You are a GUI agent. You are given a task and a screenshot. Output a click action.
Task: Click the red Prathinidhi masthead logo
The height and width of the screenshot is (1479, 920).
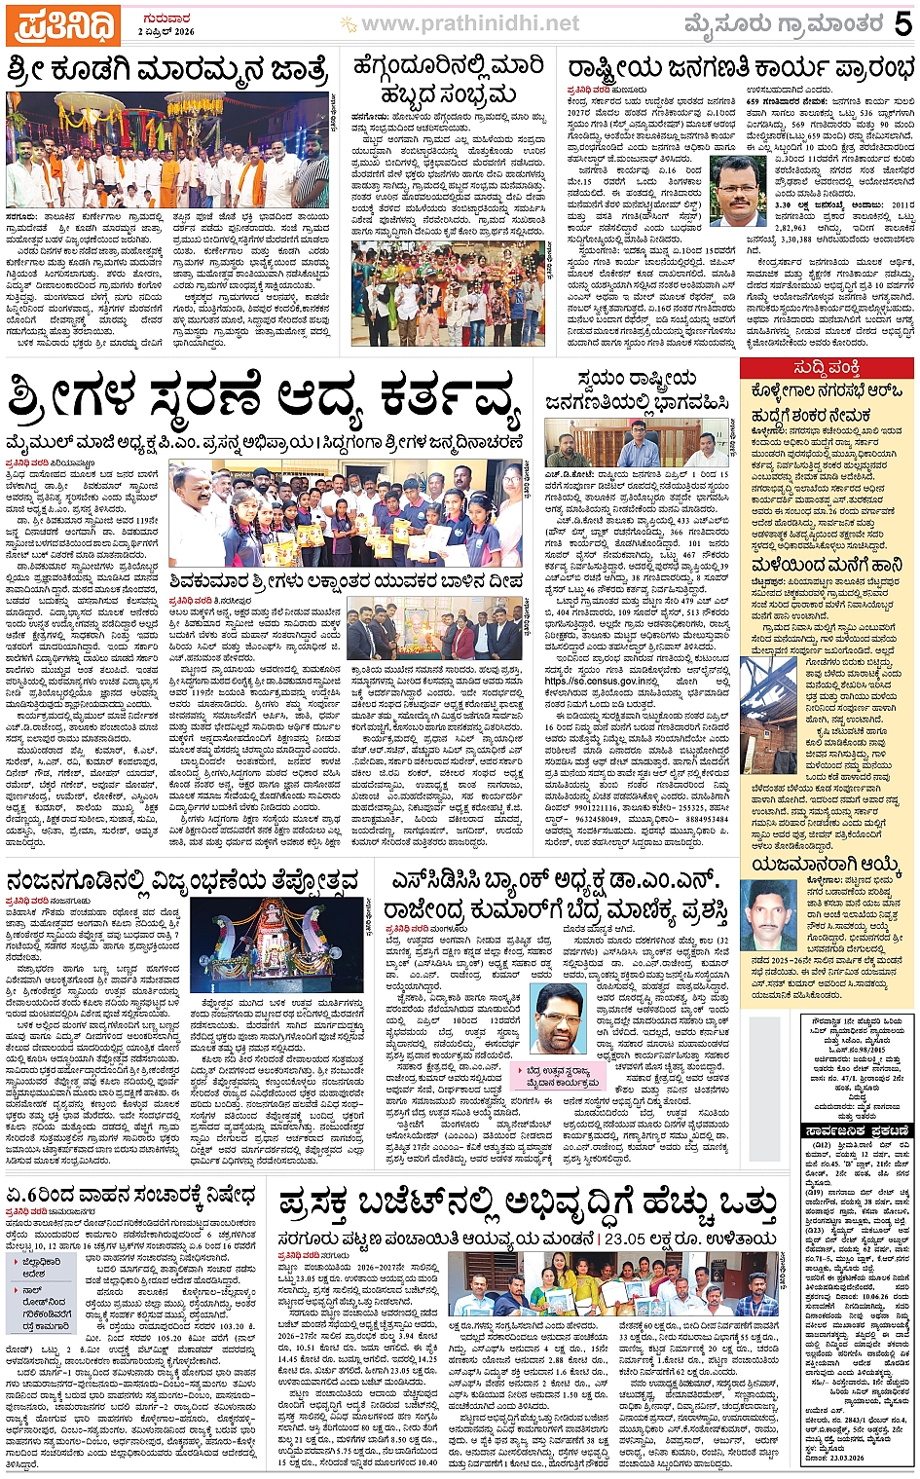point(61,25)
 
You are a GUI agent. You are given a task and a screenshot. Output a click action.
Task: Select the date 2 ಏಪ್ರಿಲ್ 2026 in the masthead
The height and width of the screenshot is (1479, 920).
point(166,32)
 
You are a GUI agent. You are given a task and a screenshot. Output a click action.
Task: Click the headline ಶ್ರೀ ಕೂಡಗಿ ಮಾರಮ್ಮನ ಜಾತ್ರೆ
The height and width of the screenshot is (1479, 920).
point(168,72)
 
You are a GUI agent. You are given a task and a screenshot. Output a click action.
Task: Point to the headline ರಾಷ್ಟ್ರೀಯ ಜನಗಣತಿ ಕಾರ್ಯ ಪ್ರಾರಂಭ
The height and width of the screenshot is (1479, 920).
point(741,68)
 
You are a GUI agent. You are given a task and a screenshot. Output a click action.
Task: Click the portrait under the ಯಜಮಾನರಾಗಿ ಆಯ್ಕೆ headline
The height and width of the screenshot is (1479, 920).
point(767,916)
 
